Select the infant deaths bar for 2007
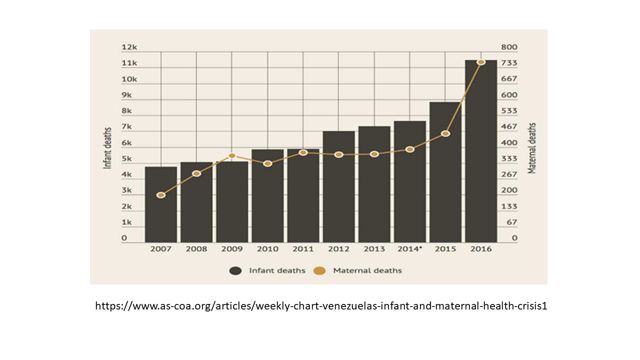point(161,205)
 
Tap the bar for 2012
point(338,187)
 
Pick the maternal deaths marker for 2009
point(232,156)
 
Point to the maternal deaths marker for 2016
point(481,62)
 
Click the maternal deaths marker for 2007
point(161,195)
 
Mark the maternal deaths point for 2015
point(445,133)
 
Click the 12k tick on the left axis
point(129,47)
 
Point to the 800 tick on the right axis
point(510,47)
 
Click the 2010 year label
point(267,249)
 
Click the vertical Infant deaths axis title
point(107,148)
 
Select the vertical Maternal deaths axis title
point(532,148)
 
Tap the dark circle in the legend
point(235,270)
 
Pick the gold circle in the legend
point(319,270)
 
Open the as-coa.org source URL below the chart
point(321,306)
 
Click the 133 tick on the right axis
point(510,206)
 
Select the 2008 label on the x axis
point(196,249)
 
